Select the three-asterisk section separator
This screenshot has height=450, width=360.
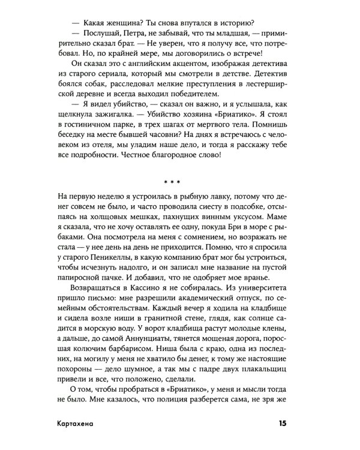pos(179,181)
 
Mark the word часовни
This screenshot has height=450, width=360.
pos(173,149)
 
